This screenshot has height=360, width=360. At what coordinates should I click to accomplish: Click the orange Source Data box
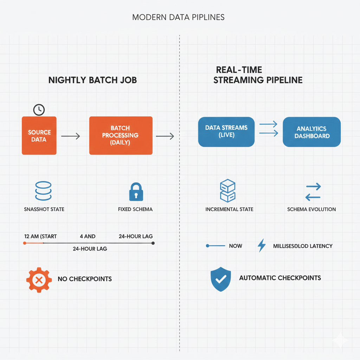click(x=39, y=136)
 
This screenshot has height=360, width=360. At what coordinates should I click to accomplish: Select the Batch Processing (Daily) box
click(x=121, y=135)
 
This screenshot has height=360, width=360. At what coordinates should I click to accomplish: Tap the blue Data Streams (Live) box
click(x=226, y=131)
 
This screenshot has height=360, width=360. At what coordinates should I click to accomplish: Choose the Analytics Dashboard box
click(x=311, y=132)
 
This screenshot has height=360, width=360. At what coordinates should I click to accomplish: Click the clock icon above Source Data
click(x=39, y=110)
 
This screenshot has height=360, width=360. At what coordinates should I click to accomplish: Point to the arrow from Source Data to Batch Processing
click(x=70, y=136)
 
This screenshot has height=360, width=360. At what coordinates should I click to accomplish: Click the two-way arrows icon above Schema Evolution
click(x=313, y=192)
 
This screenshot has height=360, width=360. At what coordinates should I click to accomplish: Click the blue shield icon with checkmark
click(x=220, y=279)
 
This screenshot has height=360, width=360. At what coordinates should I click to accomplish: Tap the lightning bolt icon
click(x=262, y=246)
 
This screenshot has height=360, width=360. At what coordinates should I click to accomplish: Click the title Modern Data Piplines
click(x=178, y=18)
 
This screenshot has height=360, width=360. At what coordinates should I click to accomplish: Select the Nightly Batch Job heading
click(x=92, y=80)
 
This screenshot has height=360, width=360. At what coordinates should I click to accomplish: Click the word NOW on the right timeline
click(x=235, y=246)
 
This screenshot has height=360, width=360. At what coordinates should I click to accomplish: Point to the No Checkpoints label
click(x=85, y=279)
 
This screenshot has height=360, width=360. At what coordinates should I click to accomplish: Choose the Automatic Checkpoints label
click(x=280, y=278)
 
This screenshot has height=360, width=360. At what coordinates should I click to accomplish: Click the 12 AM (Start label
click(x=40, y=236)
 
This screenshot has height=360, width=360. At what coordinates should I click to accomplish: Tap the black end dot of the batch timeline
click(x=153, y=243)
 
